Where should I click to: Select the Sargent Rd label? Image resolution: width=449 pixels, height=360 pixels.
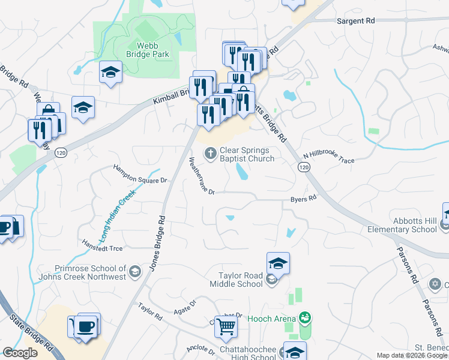tap(355, 20)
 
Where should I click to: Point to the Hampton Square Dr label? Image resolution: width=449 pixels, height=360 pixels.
tap(139, 173)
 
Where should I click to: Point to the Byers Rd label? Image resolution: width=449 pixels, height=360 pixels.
tap(303, 199)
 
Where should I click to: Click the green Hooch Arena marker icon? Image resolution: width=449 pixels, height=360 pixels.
tap(305, 317)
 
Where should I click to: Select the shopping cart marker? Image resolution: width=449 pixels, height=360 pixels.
tap(226, 326)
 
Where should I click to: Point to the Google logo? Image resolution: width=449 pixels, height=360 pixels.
tap(20, 353)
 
